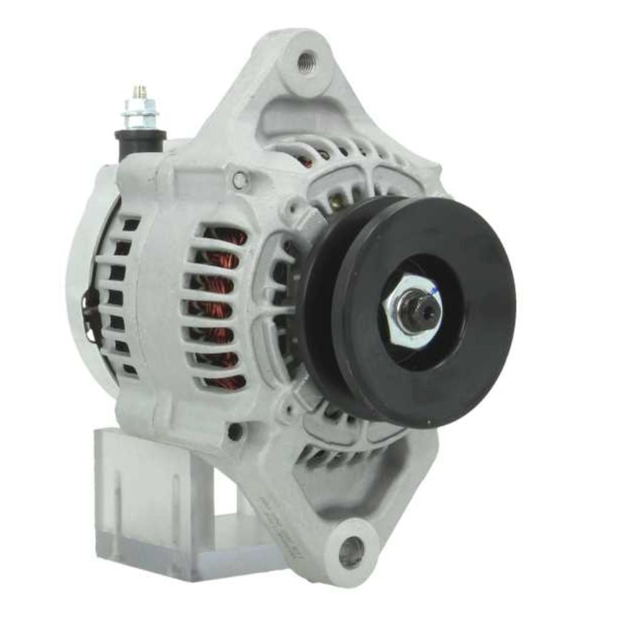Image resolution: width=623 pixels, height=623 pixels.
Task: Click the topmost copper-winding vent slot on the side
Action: click(x=224, y=237)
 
